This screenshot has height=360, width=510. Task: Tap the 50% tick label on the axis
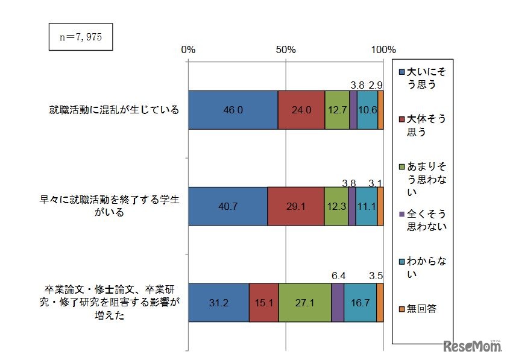[x=286, y=49]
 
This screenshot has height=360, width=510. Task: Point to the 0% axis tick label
[x=188, y=49]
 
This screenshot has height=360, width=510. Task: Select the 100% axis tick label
[x=383, y=49]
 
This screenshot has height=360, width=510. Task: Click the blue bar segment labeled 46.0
[x=233, y=110]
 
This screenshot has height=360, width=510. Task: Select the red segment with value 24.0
[x=301, y=110]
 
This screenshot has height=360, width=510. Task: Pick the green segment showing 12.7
[x=337, y=110]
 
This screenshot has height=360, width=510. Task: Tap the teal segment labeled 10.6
[x=367, y=110]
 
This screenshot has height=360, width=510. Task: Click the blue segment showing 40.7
[x=228, y=206]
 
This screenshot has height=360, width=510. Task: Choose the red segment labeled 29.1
[x=296, y=206]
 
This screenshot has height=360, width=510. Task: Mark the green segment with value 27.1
[x=304, y=302]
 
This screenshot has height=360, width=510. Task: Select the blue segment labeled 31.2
[x=218, y=302]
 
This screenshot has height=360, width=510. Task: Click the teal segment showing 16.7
[x=360, y=302]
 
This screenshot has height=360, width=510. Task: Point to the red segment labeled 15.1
[x=263, y=302]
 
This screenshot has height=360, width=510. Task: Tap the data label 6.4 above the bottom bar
[x=339, y=276]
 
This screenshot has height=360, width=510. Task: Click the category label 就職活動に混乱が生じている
[x=115, y=110]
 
